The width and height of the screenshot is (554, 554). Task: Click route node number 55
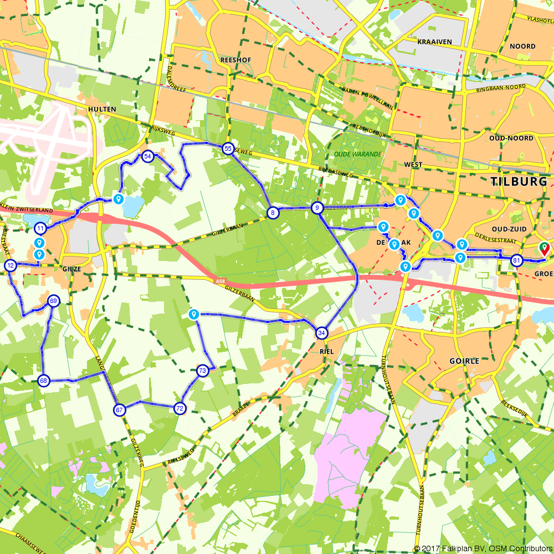click(227, 148)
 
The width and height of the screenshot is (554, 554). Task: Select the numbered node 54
click(147, 156)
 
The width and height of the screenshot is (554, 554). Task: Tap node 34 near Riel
click(321, 333)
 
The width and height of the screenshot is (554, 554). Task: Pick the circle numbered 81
click(516, 260)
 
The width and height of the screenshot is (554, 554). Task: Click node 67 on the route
click(119, 410)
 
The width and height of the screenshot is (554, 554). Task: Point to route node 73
click(202, 370)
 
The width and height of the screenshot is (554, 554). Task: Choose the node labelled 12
click(11, 266)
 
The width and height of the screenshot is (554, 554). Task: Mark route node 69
click(53, 301)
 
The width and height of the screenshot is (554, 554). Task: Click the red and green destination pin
click(545, 249)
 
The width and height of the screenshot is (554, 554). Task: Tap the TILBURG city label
click(519, 181)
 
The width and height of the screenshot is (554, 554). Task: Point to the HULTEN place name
click(102, 109)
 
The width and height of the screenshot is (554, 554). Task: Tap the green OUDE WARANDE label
click(357, 154)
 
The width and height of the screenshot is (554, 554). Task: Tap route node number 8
click(273, 213)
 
